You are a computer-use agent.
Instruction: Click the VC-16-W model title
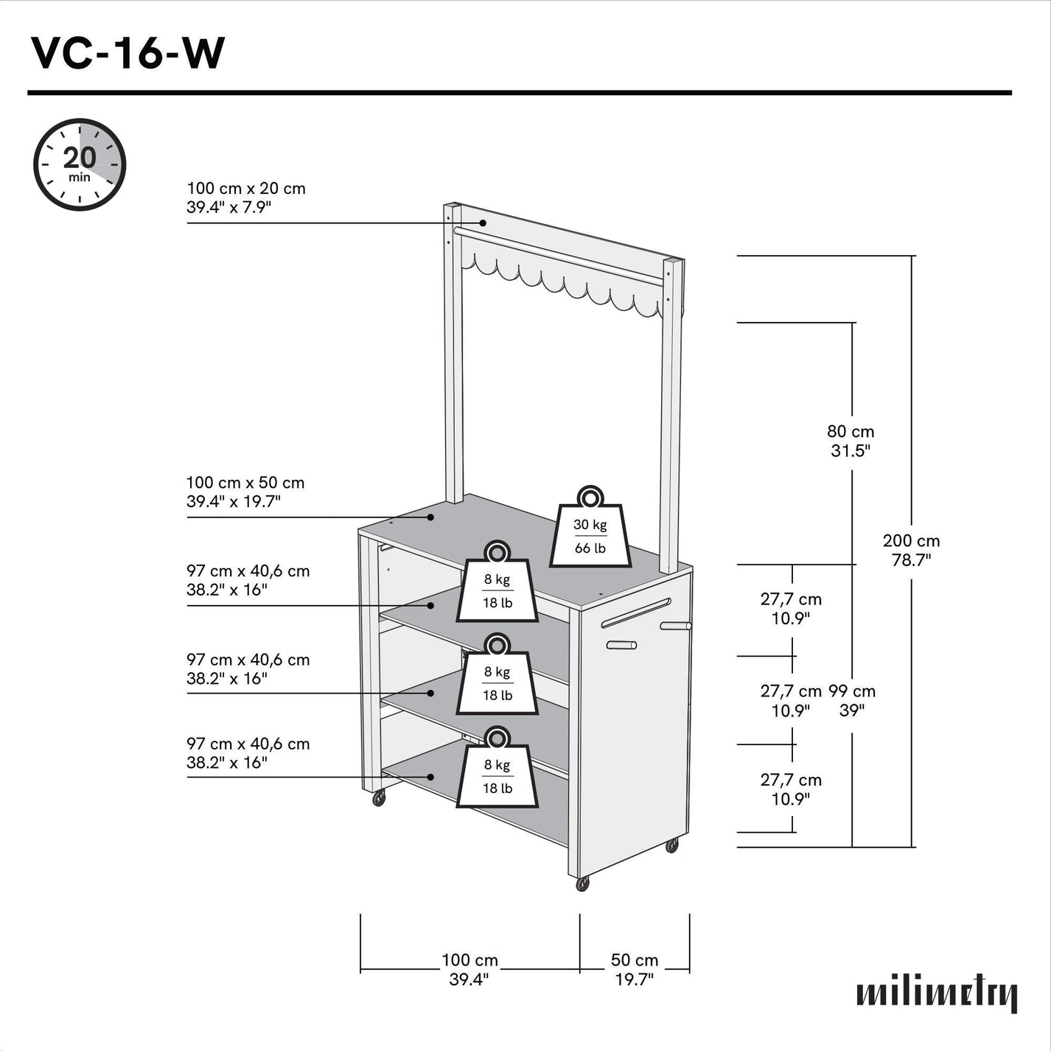click(x=128, y=53)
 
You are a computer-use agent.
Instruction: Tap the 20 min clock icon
click(x=80, y=164)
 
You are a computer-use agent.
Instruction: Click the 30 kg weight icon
click(x=590, y=529)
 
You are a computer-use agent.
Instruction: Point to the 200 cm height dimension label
click(x=911, y=550)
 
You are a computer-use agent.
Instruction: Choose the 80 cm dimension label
click(x=851, y=441)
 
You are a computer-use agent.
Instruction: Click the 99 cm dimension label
click(x=852, y=700)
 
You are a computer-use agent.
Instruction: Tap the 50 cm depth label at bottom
click(x=635, y=969)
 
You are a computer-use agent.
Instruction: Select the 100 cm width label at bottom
click(x=469, y=969)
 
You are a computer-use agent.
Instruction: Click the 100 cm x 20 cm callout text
click(x=245, y=198)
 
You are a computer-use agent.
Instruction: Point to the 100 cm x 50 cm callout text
click(x=245, y=492)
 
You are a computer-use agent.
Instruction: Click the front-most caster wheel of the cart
click(x=583, y=884)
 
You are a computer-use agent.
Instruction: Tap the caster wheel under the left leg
click(x=379, y=797)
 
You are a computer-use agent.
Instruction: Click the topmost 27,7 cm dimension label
click(x=791, y=609)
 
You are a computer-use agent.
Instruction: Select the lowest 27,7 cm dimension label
click(x=791, y=789)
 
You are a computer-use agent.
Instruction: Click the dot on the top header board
click(x=483, y=223)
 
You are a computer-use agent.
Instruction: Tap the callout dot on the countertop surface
click(x=432, y=517)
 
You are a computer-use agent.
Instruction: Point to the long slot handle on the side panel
click(x=636, y=613)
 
